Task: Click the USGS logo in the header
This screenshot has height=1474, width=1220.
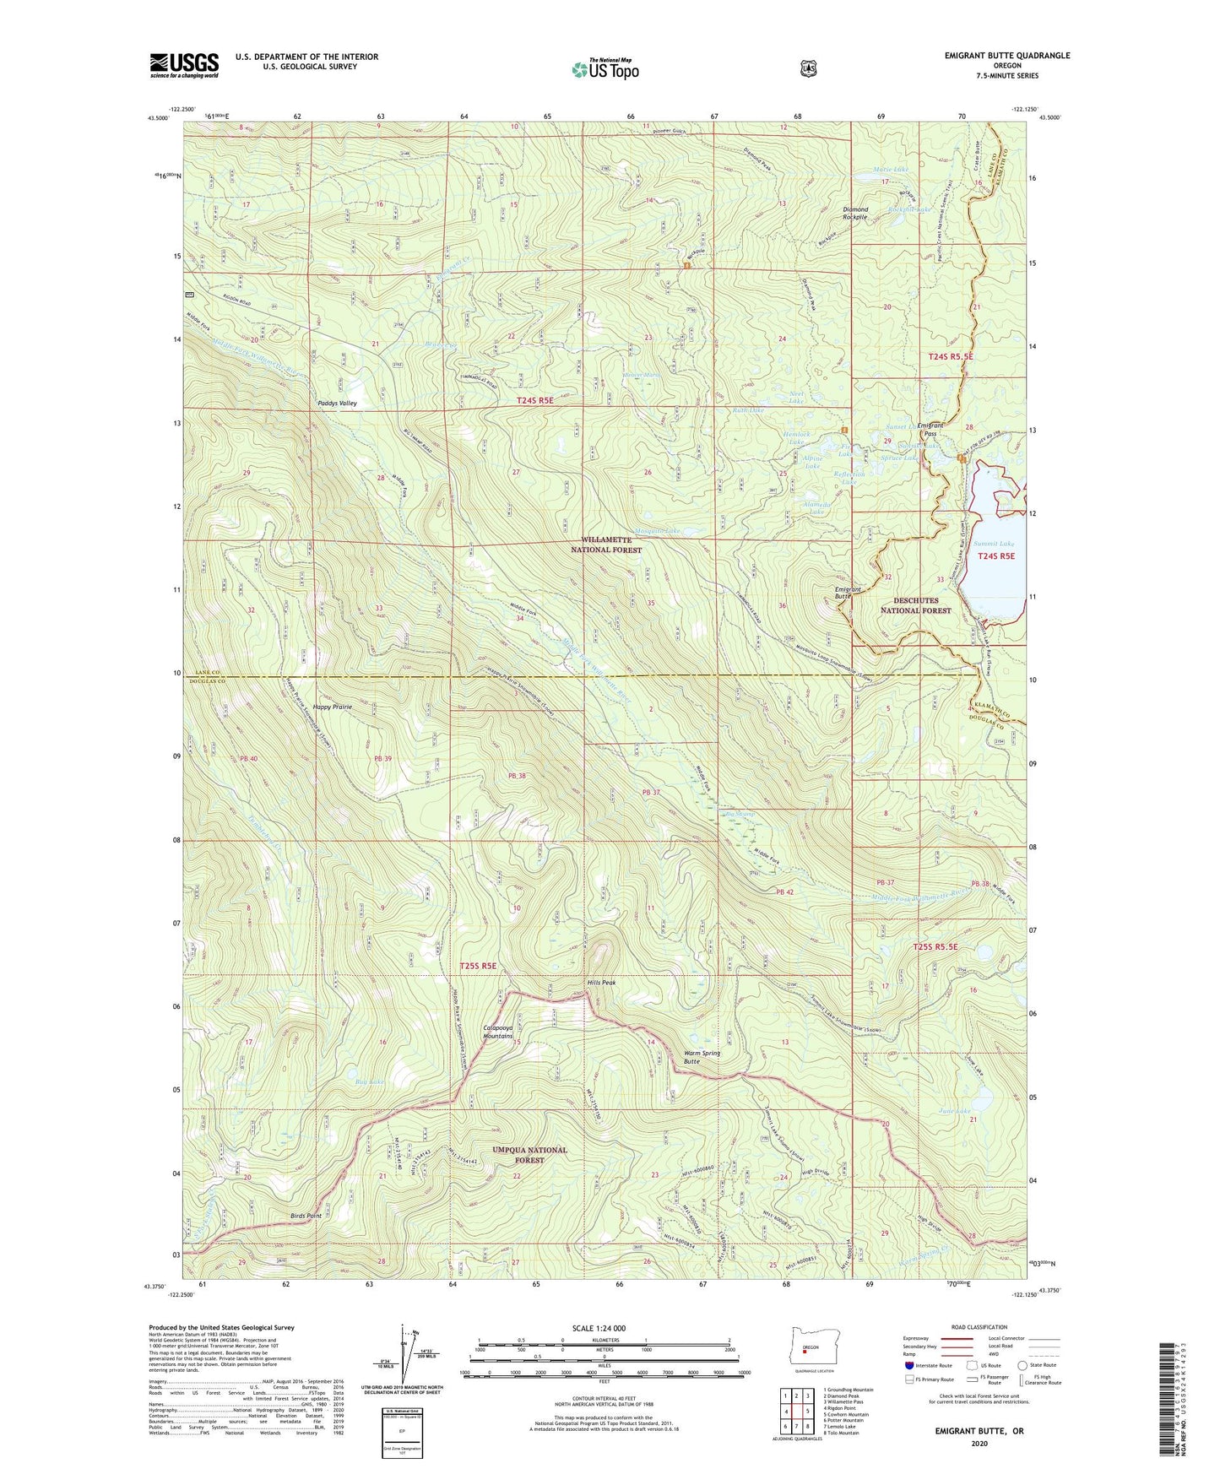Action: [x=184, y=65]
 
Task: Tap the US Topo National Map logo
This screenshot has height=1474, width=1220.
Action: [x=605, y=69]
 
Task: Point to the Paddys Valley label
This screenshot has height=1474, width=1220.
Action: [x=337, y=404]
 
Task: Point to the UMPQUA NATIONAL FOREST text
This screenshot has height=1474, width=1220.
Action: [x=529, y=1155]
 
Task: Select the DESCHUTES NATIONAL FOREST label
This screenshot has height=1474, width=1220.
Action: [x=915, y=605]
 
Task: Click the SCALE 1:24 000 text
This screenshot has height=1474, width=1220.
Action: [x=604, y=1328]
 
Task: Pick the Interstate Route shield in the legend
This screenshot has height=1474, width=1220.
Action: [x=908, y=1365]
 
